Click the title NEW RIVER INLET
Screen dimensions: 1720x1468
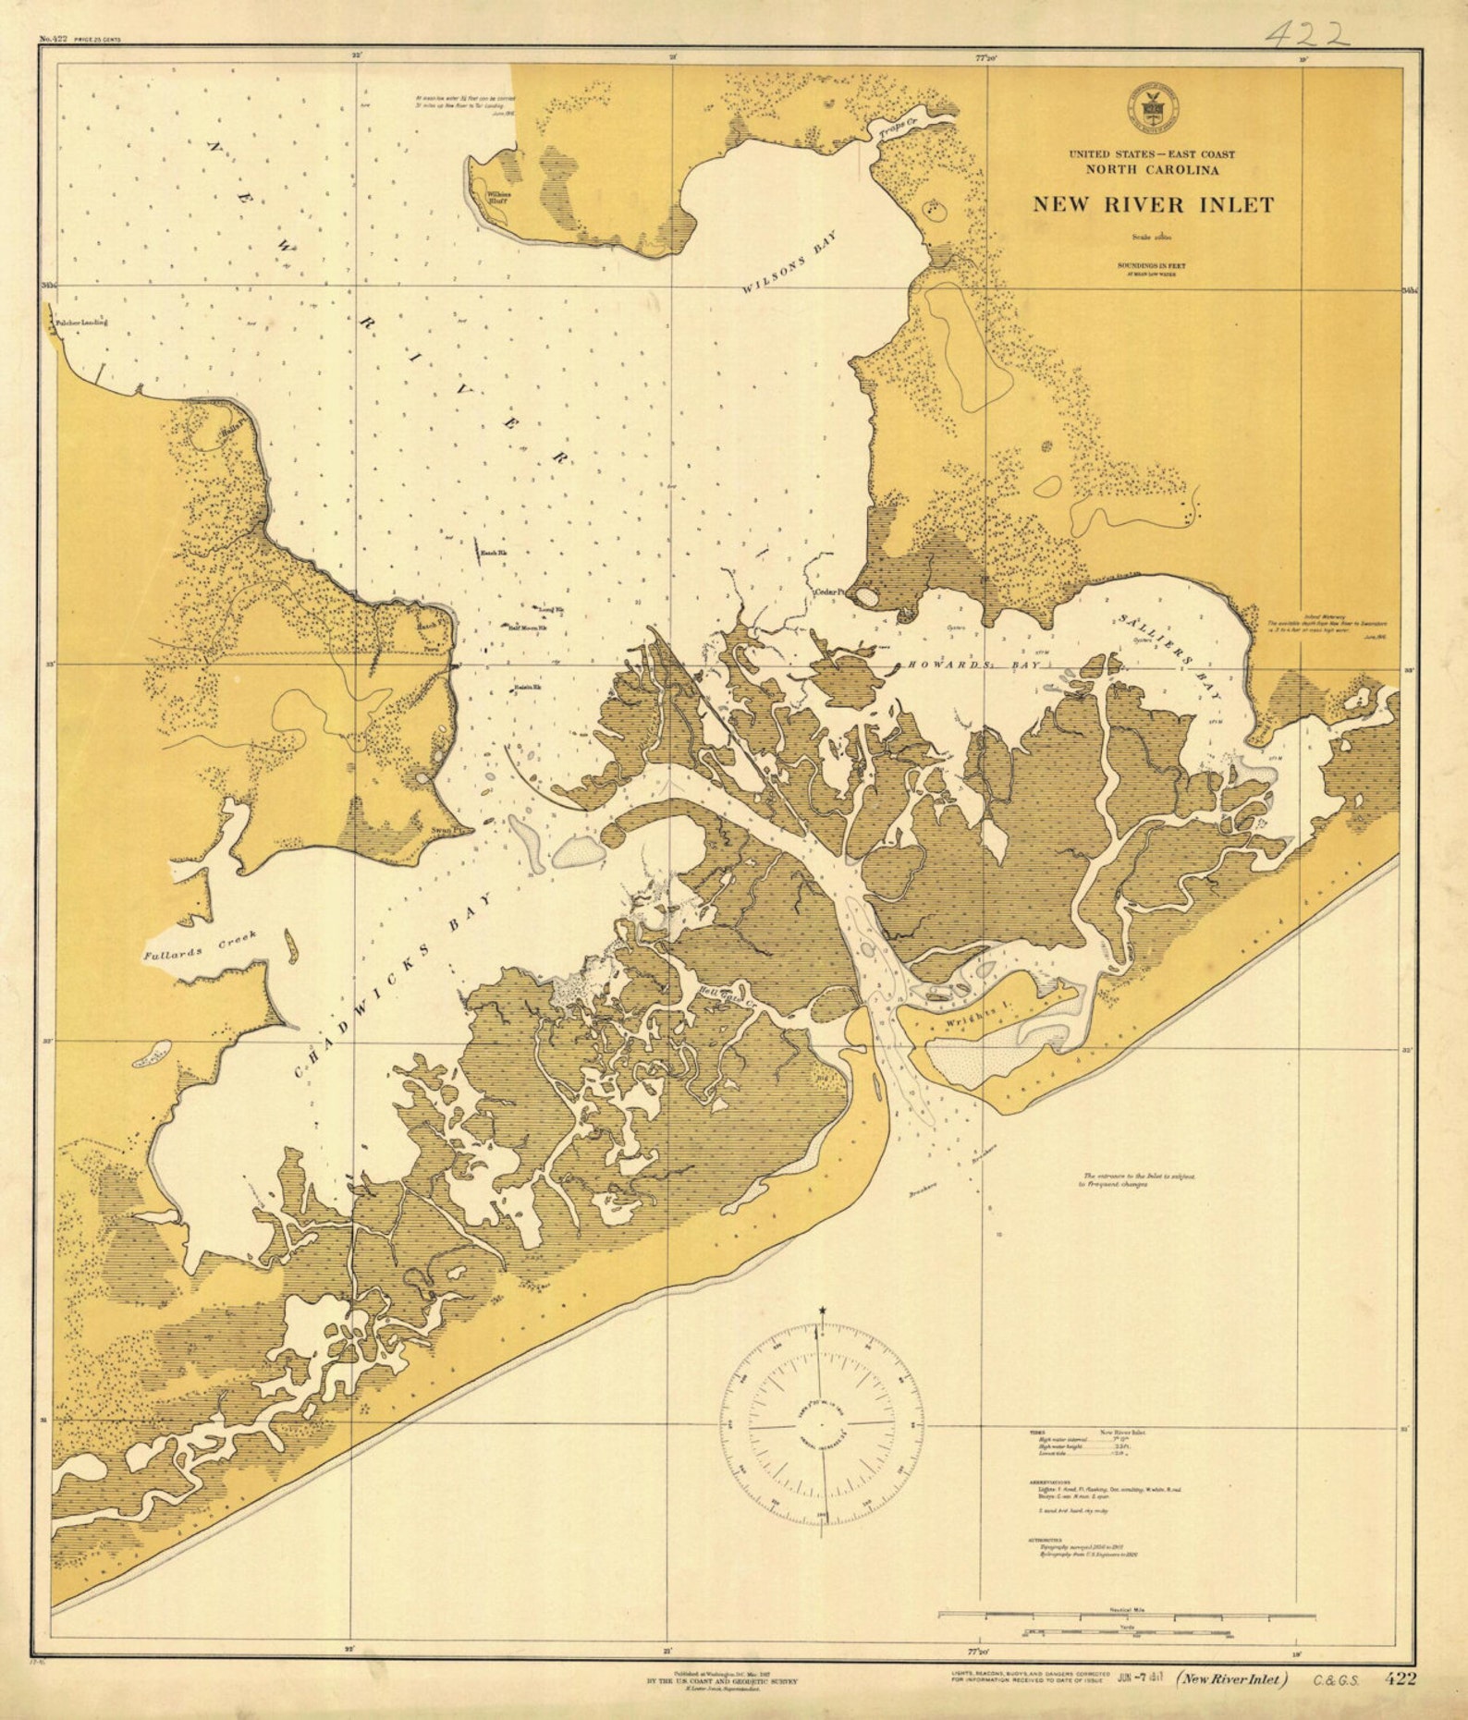tap(1152, 205)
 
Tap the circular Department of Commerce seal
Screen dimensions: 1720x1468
tap(1151, 107)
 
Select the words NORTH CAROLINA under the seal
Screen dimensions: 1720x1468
tap(1152, 170)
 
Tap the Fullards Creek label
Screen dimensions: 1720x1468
tap(199, 945)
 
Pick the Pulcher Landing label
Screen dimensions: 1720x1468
tap(81, 323)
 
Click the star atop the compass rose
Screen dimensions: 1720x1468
tap(822, 1311)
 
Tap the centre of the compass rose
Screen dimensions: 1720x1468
tap(822, 1423)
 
